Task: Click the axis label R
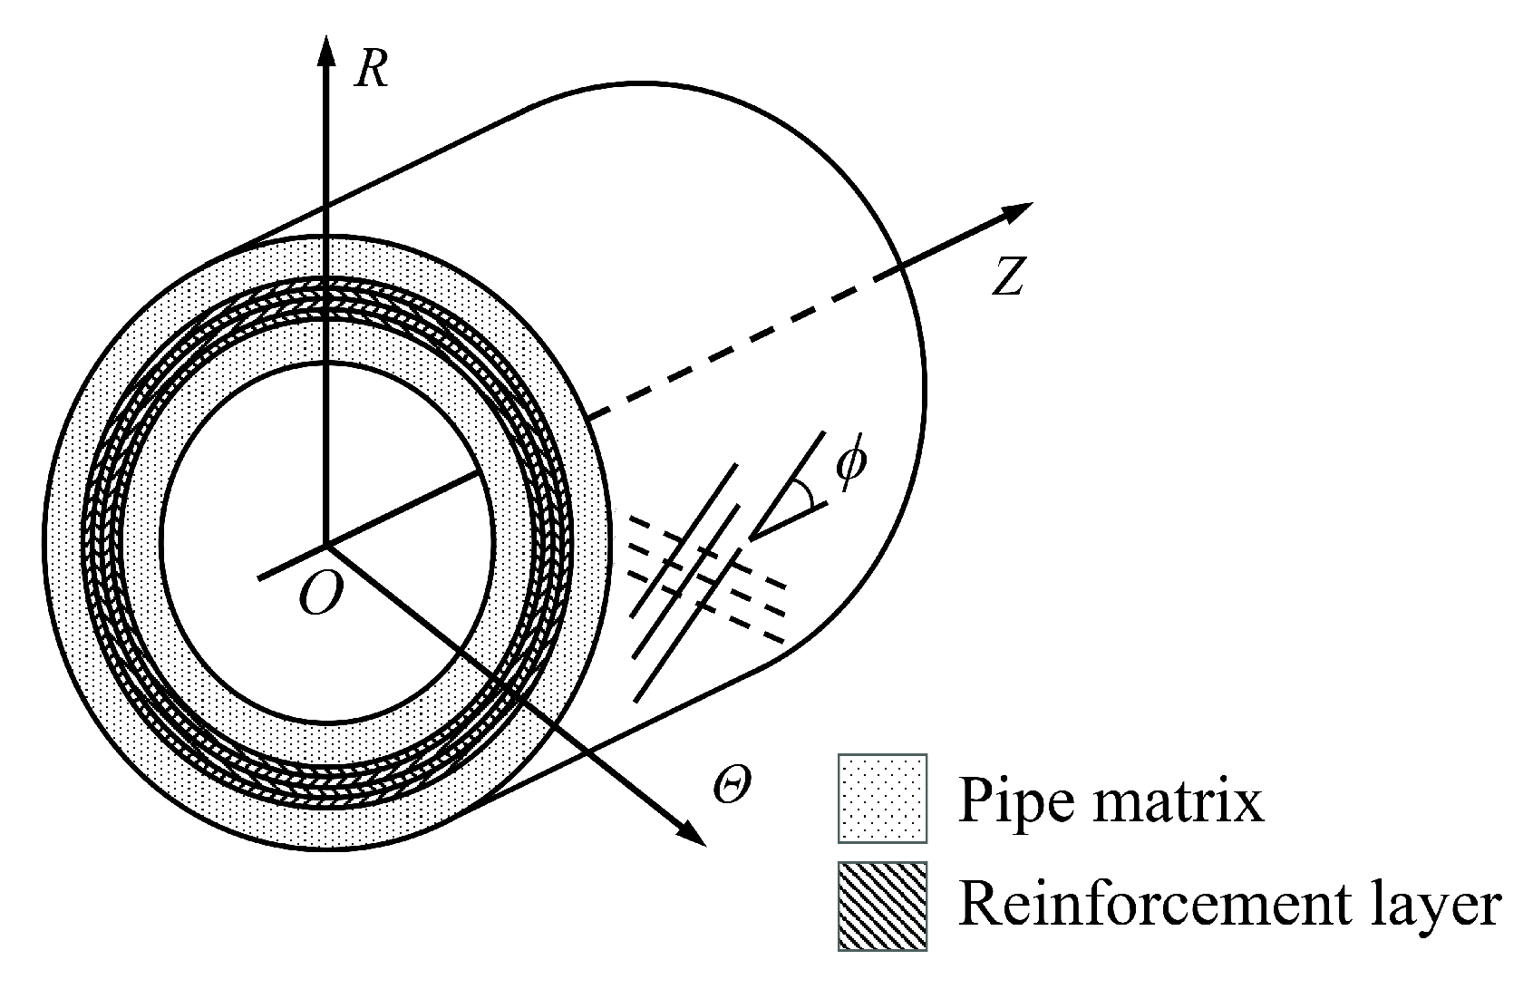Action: click(x=372, y=70)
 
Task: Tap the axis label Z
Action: click(x=1007, y=276)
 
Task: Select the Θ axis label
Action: click(x=731, y=787)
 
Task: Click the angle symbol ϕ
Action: click(x=851, y=466)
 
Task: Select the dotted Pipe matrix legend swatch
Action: click(x=882, y=798)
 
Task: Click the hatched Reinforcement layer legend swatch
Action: click(x=882, y=906)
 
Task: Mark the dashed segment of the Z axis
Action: click(x=743, y=347)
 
